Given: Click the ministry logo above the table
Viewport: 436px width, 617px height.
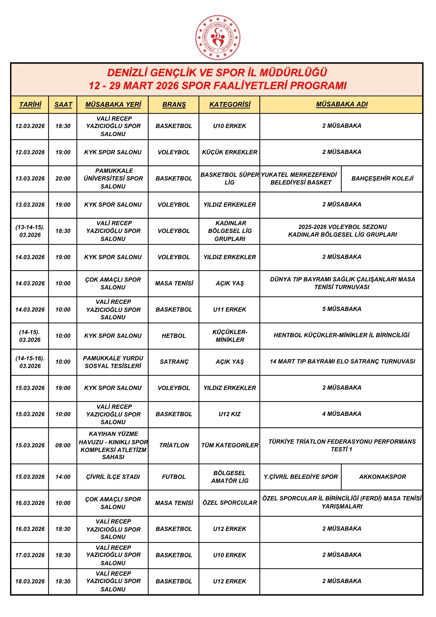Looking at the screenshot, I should (218, 37).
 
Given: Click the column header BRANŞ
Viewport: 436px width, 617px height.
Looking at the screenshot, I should (174, 105).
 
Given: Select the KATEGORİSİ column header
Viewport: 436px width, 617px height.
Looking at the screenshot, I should (230, 105).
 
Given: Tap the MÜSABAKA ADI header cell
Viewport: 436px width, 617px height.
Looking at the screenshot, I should (342, 104).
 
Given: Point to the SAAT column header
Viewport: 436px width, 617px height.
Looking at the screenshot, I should (63, 105).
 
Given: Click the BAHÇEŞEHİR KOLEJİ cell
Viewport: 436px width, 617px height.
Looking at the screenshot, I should (382, 179).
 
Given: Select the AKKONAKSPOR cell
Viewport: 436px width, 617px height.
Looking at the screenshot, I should (382, 477).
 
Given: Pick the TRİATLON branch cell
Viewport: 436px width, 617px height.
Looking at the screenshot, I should (174, 445).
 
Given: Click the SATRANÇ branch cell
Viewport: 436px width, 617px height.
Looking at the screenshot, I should (174, 362).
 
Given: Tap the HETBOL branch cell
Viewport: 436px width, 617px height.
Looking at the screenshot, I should (174, 336).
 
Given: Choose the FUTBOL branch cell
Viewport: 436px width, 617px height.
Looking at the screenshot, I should (174, 477).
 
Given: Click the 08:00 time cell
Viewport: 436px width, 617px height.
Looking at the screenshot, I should (63, 445).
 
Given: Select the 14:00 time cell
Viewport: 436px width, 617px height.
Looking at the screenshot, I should (63, 477).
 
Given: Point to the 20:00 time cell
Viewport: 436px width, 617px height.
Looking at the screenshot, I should (63, 179).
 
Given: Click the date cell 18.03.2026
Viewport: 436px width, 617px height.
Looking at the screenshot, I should (30, 581).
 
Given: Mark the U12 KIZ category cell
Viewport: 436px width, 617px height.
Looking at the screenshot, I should (230, 414).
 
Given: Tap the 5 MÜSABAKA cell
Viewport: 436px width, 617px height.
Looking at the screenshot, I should (342, 309).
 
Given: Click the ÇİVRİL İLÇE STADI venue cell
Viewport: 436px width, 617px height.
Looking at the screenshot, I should (113, 477).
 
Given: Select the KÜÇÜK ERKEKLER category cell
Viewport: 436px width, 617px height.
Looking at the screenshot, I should (230, 152).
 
